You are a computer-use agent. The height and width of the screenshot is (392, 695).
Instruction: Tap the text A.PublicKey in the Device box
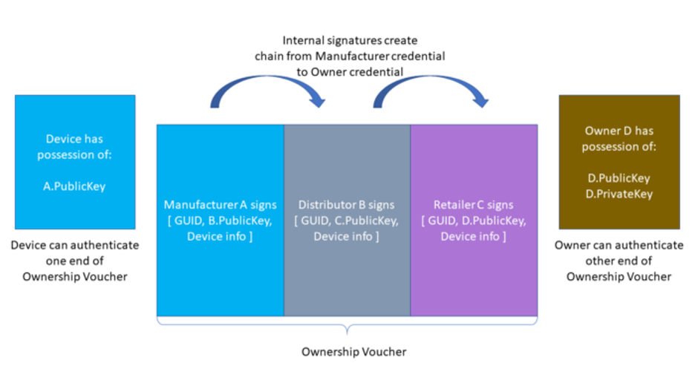click(74, 186)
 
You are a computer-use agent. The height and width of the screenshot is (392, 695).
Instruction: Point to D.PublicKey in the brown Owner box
click(619, 178)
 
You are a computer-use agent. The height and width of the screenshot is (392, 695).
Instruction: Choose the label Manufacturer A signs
click(220, 205)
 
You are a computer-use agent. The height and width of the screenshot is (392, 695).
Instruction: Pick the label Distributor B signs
click(346, 205)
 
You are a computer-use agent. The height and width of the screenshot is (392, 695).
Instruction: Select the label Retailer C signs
click(473, 205)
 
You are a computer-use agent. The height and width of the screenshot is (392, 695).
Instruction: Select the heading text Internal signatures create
click(350, 40)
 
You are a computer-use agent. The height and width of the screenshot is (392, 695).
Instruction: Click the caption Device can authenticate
click(74, 245)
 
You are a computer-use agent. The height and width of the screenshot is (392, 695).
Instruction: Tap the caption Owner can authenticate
click(619, 245)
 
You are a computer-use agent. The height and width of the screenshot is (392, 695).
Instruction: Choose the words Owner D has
click(619, 131)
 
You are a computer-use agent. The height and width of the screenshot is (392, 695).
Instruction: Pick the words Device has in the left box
click(74, 139)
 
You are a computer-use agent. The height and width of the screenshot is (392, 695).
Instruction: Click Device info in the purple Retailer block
click(473, 236)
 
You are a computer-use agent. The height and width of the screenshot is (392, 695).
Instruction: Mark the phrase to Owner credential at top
click(349, 72)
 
